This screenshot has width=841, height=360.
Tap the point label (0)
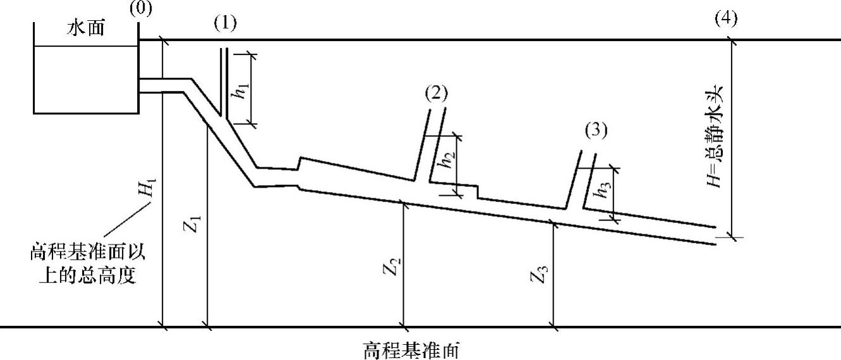point(140,9)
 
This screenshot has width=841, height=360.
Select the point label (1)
point(225,24)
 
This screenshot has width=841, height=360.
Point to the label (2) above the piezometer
point(436,93)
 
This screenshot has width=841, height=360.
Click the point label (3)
point(596,131)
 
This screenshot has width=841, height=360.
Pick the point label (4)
point(726,18)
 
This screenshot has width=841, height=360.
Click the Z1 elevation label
point(195,224)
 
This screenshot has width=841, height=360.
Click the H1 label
point(150,189)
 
